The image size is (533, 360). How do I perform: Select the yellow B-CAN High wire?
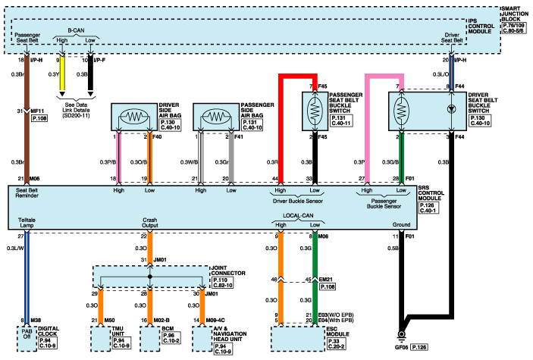(62, 76)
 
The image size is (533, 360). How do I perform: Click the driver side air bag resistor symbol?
(133, 118)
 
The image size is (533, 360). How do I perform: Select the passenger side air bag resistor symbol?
(216, 118)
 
